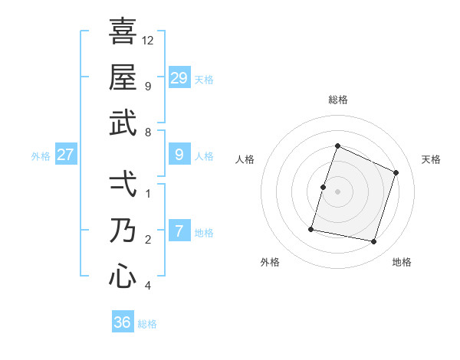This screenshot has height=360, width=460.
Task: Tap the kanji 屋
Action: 123,77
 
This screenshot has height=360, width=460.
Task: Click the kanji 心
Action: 123,276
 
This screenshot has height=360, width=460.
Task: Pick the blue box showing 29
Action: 179,77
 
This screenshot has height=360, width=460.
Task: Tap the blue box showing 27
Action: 66,154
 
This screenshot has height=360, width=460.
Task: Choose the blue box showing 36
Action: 123,322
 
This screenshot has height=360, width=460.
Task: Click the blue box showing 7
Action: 179,231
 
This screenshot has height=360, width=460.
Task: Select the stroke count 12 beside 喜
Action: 148,40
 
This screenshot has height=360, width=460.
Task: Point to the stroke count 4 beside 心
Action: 148,286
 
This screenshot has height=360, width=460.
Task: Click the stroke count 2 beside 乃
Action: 148,240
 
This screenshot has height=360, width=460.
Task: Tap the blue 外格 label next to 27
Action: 41,156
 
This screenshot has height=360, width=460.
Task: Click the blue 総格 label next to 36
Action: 147,324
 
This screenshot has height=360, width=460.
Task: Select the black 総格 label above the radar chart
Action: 337,100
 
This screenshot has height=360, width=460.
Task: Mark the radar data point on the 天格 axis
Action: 396,172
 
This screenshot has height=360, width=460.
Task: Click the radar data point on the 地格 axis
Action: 373,241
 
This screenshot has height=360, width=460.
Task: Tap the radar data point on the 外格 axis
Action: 311,228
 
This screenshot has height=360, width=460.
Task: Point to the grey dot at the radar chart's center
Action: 337,191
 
